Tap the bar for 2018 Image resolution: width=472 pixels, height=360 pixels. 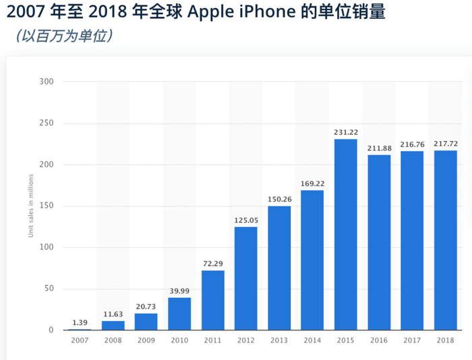pyautogui.click(x=445, y=240)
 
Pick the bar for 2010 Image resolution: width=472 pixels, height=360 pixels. pyautogui.click(x=179, y=314)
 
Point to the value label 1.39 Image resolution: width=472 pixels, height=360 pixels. pyautogui.click(x=80, y=322)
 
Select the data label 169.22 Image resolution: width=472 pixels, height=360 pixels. pyautogui.click(x=312, y=182)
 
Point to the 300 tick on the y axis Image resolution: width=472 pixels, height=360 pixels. pyautogui.click(x=47, y=82)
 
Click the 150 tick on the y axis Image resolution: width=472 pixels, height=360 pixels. pyautogui.click(x=47, y=206)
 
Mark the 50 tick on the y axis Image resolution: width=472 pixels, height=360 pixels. pyautogui.click(x=49, y=289)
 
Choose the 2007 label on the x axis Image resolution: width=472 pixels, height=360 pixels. pyautogui.click(x=80, y=341)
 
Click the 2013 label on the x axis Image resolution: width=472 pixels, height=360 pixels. pyautogui.click(x=279, y=341)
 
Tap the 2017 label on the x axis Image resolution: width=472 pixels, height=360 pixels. pyautogui.click(x=412, y=341)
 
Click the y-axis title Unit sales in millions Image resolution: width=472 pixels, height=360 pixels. pyautogui.click(x=30, y=206)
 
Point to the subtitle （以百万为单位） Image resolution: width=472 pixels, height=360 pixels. pyautogui.click(x=63, y=35)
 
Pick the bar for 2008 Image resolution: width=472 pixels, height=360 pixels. pyautogui.click(x=113, y=326)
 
